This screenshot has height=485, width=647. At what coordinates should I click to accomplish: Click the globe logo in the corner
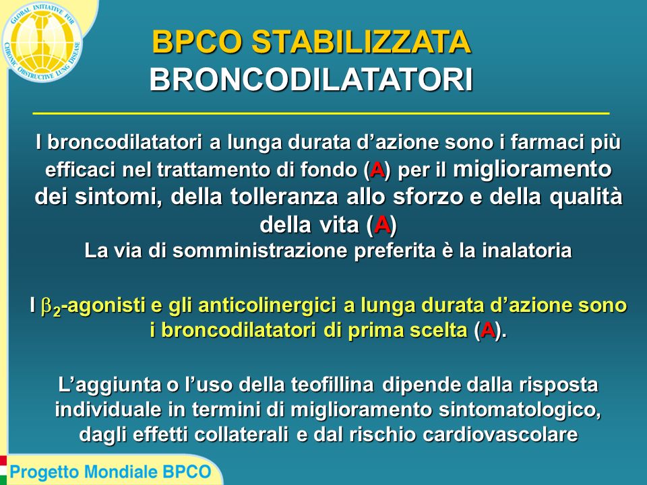42,41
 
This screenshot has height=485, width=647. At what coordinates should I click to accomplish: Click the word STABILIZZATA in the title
361,42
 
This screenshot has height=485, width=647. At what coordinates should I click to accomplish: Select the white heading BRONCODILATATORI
311,79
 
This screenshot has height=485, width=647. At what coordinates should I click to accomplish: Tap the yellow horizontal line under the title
321,113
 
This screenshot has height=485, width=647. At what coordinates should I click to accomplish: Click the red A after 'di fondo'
377,170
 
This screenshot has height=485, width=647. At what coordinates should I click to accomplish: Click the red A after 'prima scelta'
488,330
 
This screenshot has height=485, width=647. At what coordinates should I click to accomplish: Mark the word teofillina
332,385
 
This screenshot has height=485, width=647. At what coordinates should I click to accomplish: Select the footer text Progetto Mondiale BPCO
111,472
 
